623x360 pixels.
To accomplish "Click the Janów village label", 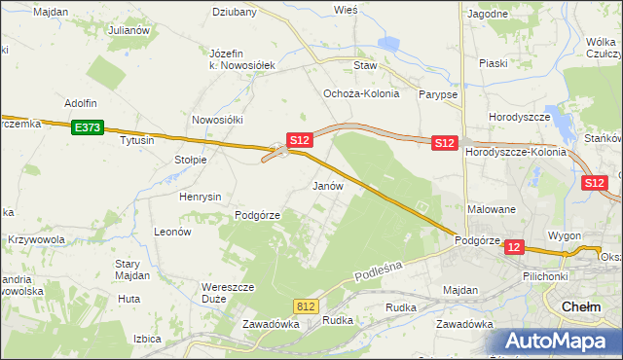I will tap(327, 185).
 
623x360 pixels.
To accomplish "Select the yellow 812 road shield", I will tap(307, 306).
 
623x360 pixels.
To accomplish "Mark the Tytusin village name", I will tap(137, 140).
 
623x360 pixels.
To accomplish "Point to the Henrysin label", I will tap(201, 196).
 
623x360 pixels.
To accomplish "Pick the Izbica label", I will tap(147, 339).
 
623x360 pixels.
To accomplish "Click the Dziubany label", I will tap(235, 13).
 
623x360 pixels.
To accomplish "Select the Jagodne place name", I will tap(488, 14).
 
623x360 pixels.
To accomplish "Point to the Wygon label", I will tap(565, 236).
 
